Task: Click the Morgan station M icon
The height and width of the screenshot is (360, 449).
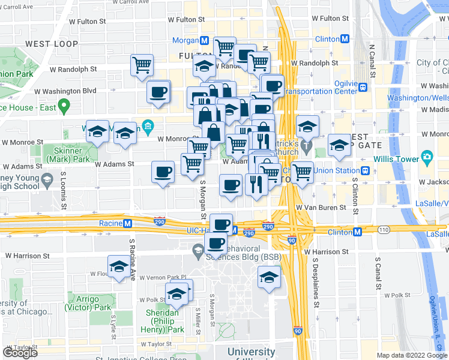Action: (x=205, y=40)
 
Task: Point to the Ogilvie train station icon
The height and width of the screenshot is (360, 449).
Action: (x=363, y=87)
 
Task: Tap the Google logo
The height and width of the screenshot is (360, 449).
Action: (x=20, y=352)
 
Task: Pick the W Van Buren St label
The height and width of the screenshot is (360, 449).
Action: (x=321, y=207)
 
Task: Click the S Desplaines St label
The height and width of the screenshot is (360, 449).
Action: (x=316, y=283)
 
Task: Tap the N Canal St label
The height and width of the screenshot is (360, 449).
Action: (x=372, y=60)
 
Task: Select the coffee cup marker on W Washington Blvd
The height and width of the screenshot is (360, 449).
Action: (x=158, y=92)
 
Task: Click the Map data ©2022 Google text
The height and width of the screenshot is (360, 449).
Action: (x=412, y=355)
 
